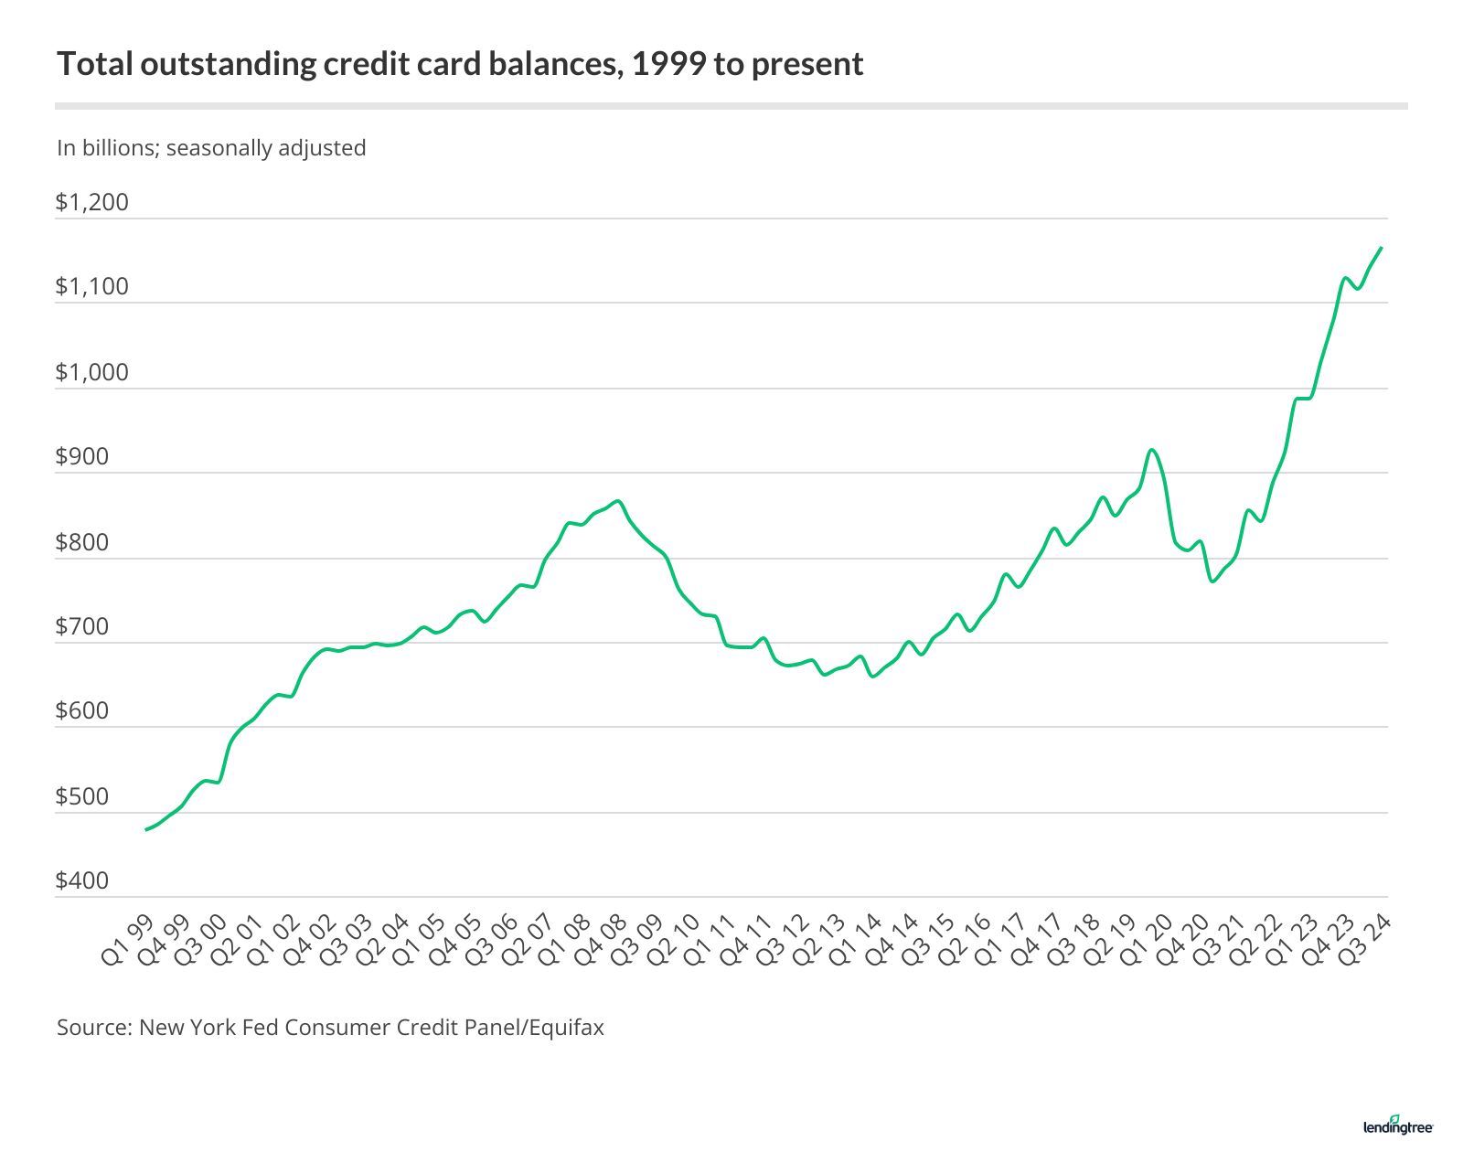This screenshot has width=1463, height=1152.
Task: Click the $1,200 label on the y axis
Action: click(92, 202)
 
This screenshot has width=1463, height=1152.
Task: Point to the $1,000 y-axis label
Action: click(92, 372)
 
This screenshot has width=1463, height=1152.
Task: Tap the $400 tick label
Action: click(82, 880)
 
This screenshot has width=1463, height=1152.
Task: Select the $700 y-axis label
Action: click(82, 626)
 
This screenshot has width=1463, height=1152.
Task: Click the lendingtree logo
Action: click(1398, 1125)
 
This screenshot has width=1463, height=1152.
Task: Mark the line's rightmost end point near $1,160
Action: click(1381, 248)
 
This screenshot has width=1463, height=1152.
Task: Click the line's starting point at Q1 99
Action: click(146, 829)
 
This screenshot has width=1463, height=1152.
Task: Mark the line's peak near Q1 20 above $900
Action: click(1152, 450)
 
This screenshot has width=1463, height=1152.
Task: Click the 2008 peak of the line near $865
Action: click(619, 501)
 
